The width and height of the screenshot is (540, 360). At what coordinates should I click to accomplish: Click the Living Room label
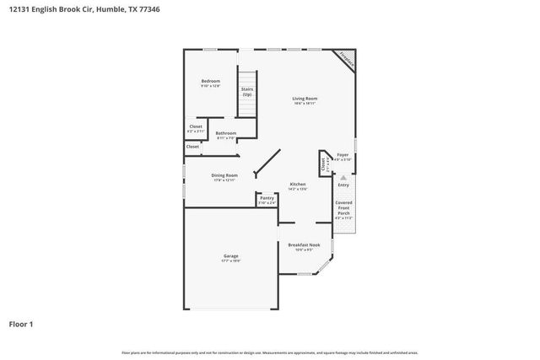(305, 99)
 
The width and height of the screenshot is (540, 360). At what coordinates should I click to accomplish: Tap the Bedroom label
(210, 81)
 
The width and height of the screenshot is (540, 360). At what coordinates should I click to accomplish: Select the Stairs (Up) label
(247, 91)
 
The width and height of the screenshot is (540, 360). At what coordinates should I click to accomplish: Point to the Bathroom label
(225, 133)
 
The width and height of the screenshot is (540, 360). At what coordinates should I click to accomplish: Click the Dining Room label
(224, 175)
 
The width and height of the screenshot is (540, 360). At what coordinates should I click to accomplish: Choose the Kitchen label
(298, 184)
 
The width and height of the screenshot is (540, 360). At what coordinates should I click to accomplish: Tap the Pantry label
(267, 198)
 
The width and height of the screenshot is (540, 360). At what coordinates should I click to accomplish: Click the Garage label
(230, 256)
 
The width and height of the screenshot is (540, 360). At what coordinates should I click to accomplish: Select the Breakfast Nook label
(304, 245)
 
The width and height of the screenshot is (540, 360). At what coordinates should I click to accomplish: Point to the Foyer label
(343, 155)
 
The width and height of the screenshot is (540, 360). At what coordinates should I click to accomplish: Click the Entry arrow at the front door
(343, 178)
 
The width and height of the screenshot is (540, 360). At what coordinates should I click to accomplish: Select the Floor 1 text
(22, 324)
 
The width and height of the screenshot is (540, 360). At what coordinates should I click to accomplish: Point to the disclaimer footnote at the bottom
(269, 352)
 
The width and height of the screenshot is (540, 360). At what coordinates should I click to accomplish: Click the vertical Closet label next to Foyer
(323, 164)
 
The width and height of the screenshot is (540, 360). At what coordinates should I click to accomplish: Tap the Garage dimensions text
(230, 261)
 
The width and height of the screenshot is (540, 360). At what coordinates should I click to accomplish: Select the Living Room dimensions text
(305, 104)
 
